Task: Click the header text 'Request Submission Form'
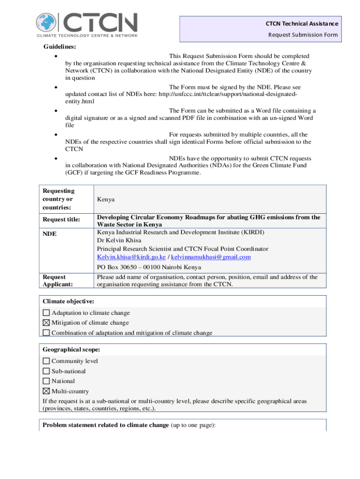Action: coord(302,35)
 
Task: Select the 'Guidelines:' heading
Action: coord(60,46)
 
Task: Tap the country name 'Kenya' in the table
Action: coord(106,199)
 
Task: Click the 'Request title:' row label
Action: coord(62,219)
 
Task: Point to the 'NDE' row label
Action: coord(50,233)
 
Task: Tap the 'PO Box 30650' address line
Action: coord(149,268)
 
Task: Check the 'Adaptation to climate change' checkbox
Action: coord(46,313)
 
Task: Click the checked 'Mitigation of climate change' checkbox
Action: coord(46,323)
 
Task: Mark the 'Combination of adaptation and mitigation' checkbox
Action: coord(46,333)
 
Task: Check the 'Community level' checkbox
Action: coord(46,361)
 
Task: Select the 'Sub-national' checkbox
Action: coord(46,371)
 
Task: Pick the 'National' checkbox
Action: coord(46,381)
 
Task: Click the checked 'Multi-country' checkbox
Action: coord(46,392)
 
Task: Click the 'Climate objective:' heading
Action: coord(68,301)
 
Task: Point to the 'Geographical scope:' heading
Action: coord(71,350)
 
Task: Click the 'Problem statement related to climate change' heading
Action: coord(106,425)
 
